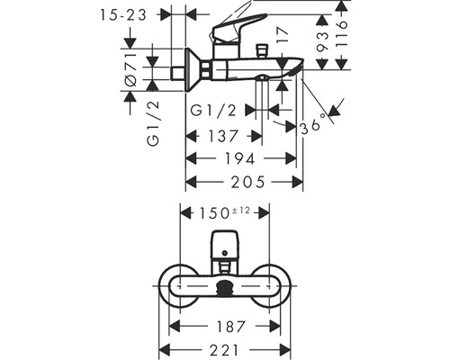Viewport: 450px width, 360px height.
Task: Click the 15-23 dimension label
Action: pyautogui.click(x=123, y=15)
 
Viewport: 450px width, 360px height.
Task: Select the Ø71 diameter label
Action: pyautogui.click(x=130, y=70)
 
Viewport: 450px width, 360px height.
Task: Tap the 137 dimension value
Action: pyautogui.click(x=223, y=136)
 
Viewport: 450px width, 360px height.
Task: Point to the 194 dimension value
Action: pyautogui.click(x=240, y=158)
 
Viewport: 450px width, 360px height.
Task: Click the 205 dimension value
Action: pyautogui.click(x=247, y=182)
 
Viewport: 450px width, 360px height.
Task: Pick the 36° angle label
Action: pyautogui.click(x=312, y=124)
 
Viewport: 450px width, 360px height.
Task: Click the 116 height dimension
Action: pyautogui.click(x=341, y=33)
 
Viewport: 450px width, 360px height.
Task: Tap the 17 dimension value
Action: pyautogui.click(x=282, y=35)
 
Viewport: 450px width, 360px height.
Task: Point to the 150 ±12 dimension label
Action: pyautogui.click(x=224, y=212)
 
